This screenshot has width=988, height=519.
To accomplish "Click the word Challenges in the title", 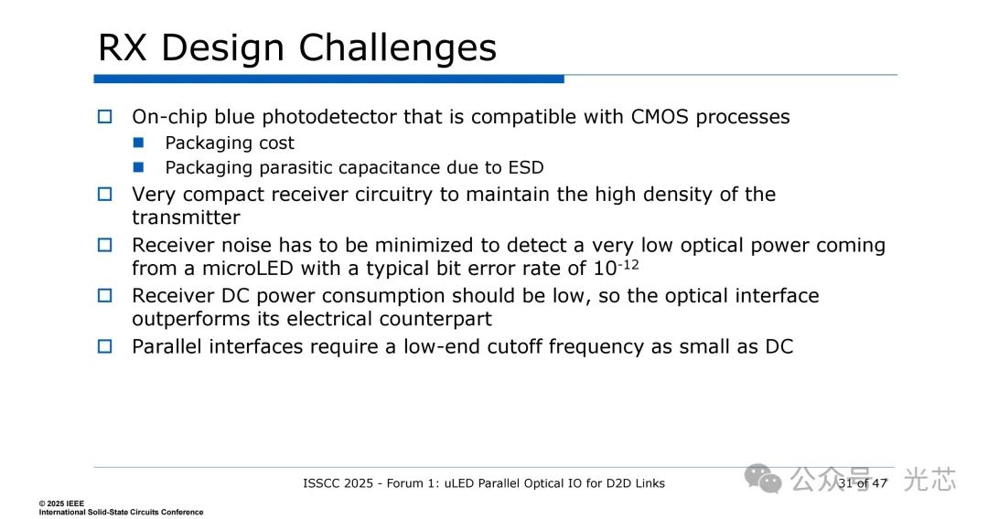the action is (398, 48).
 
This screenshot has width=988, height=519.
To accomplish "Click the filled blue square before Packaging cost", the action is (139, 143).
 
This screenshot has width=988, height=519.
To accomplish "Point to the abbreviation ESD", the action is (526, 168).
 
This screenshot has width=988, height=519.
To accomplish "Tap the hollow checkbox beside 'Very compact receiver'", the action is (104, 195).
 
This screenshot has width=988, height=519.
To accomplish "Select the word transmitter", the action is (186, 217).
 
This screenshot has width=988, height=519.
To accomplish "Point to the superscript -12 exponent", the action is (628, 264).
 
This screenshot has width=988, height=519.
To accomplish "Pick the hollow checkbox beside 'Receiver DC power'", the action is (104, 296).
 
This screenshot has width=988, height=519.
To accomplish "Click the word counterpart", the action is (435, 319).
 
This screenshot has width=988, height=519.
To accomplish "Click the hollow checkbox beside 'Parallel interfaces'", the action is (104, 346).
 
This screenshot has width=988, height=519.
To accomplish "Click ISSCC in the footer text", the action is (321, 483).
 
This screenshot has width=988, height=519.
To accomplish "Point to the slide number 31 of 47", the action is (863, 483).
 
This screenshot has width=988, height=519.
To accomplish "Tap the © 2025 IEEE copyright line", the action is (61, 503).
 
